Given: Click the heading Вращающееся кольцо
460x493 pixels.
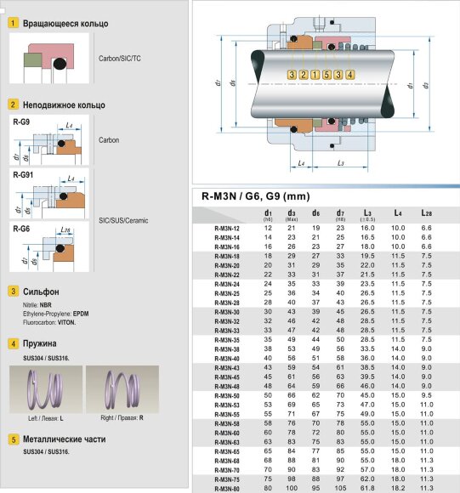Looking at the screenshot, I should tap(65, 25).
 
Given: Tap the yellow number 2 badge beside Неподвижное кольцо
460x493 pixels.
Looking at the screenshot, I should tap(13, 105).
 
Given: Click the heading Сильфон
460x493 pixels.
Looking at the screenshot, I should tap(41, 292).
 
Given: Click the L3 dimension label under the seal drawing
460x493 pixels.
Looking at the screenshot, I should tap(340, 161).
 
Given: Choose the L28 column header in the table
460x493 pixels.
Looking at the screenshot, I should tap(428, 213).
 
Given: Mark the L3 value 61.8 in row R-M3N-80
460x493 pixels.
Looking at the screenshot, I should tap(367, 489).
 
